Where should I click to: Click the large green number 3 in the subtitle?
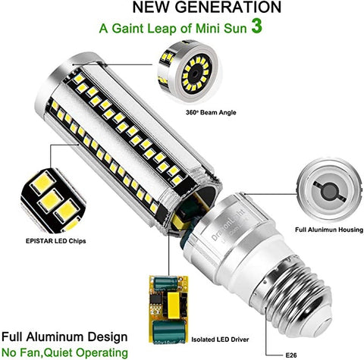click(x=257, y=27)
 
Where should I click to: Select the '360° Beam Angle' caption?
click(x=211, y=112)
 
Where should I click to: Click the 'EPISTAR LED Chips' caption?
click(x=56, y=241)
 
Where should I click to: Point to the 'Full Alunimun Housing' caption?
click(x=329, y=230)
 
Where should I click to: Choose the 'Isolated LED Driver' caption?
click(x=220, y=340)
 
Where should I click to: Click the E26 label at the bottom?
click(x=291, y=355)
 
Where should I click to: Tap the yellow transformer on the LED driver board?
click(x=174, y=305)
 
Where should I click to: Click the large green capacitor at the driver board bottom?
click(x=168, y=331)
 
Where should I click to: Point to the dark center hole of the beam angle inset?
click(x=195, y=74)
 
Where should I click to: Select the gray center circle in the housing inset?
click(x=329, y=190)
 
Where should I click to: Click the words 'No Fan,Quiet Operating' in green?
click(x=64, y=352)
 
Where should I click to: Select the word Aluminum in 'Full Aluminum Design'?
click(x=55, y=337)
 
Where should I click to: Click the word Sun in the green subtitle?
click(x=235, y=28)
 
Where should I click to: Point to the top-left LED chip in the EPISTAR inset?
click(x=42, y=183)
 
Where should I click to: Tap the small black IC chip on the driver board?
click(x=155, y=299)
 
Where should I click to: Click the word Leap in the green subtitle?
click(x=162, y=29)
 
